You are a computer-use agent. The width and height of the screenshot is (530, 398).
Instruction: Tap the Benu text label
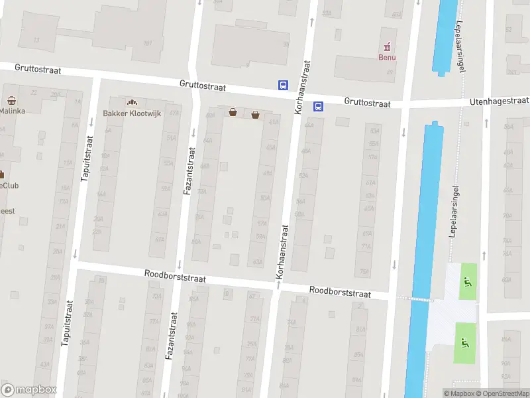tap(387, 58)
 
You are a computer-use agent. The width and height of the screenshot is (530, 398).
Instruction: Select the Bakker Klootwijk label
tap(132, 113)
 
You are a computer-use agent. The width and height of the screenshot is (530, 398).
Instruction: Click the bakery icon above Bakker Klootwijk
tap(132, 103)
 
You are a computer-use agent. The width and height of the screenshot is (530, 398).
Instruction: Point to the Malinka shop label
tap(13, 111)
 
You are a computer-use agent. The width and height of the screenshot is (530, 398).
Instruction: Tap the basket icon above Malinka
tap(12, 101)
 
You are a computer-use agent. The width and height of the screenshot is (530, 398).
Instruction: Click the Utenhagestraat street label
tap(501, 101)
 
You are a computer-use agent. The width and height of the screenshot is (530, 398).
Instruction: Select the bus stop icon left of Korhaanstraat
tap(283, 85)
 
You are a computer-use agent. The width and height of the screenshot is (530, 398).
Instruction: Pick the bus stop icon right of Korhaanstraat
tap(318, 105)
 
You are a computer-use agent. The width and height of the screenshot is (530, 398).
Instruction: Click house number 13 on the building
tap(36, 40)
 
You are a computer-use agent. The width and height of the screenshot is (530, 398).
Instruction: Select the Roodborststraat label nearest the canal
tap(339, 291)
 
